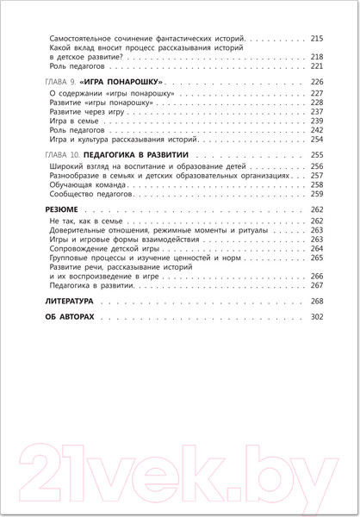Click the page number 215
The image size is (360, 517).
pyautogui.click(x=315, y=39)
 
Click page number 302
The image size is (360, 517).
pyautogui.click(x=315, y=319)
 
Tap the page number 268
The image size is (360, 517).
pyautogui.click(x=315, y=302)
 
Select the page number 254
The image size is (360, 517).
pyautogui.click(x=315, y=139)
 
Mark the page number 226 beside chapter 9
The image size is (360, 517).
pyautogui.click(x=315, y=79)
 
